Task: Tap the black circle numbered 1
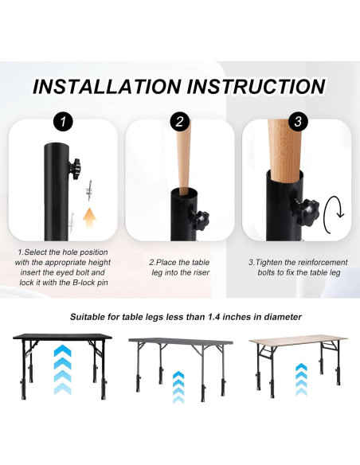tap(62, 122)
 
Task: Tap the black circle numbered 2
tap(179, 122)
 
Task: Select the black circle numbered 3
tap(296, 122)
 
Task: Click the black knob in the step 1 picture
tap(77, 166)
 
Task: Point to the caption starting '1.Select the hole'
tap(63, 267)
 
